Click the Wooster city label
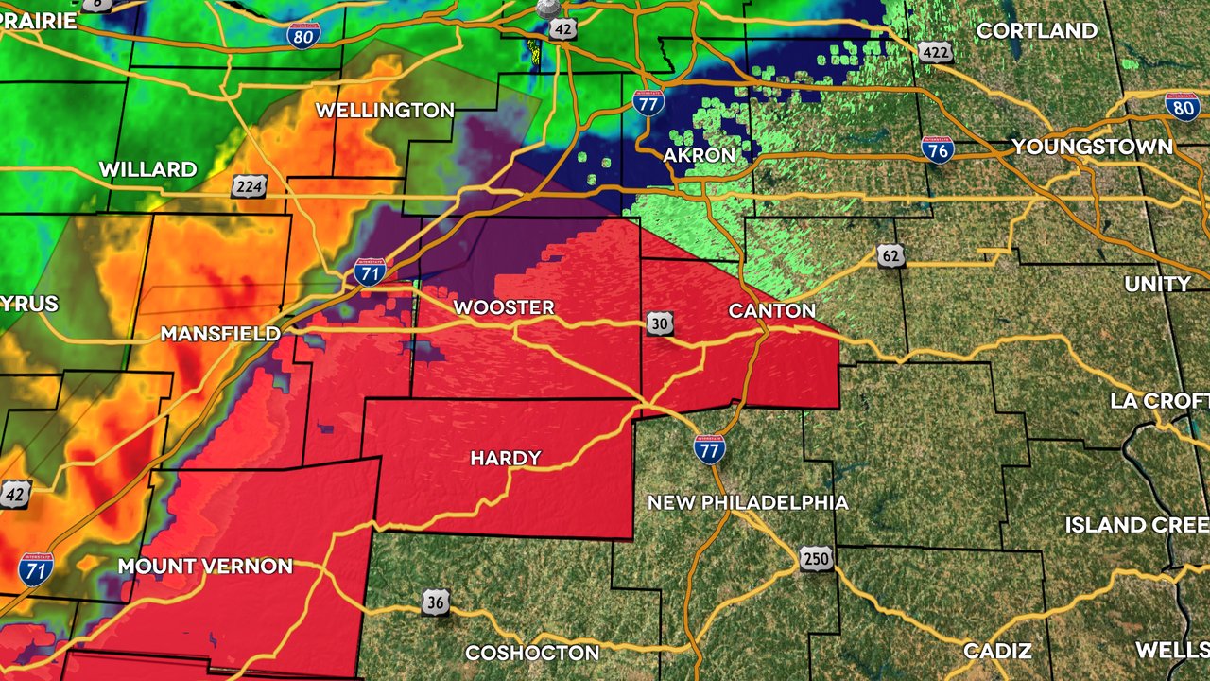click(503, 308)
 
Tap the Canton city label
click(771, 311)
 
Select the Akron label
click(699, 154)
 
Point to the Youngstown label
click(1092, 148)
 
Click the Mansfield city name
click(220, 334)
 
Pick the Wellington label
click(385, 111)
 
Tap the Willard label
click(147, 170)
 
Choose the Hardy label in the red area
click(506, 459)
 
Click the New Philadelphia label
click(747, 502)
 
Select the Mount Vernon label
click(205, 567)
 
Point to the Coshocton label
click(532, 653)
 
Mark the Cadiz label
click(997, 651)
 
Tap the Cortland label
click(1036, 30)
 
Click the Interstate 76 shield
click(937, 149)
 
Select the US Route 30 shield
click(661, 324)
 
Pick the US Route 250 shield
click(816, 559)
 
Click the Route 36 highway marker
click(435, 602)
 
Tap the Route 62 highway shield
click(890, 255)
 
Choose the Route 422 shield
click(936, 51)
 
